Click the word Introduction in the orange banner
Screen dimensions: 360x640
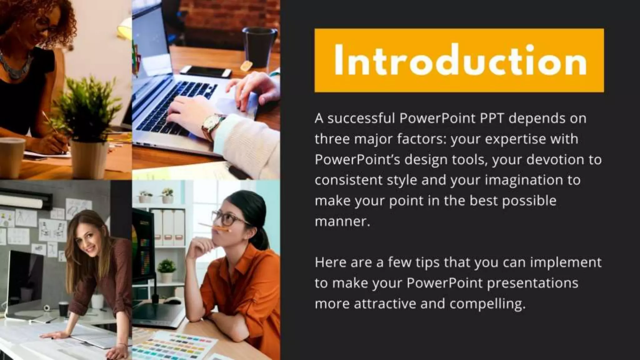pos(459,60)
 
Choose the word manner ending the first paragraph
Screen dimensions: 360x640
pos(342,222)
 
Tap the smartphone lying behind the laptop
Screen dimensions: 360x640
pos(206,72)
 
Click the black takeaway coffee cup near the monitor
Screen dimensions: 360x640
pos(63,308)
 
